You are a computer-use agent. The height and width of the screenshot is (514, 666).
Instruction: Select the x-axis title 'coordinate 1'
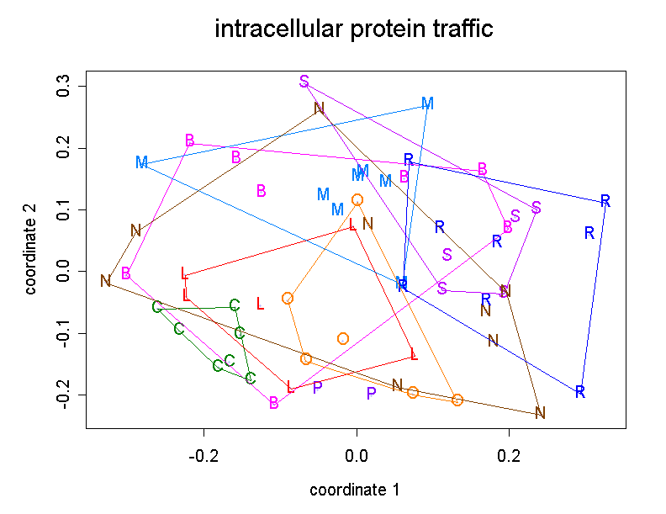pos(354,490)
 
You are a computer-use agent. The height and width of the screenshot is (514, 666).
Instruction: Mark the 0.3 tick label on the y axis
pos(61,87)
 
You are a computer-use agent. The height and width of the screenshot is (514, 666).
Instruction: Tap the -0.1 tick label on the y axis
pos(61,333)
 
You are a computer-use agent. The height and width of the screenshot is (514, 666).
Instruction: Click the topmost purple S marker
pos(304,81)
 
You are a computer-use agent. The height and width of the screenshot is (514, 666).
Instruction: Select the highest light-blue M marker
pos(427,103)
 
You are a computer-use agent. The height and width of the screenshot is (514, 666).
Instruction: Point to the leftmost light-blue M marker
pos(141,162)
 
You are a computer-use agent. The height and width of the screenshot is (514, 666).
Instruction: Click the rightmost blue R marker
pos(605,201)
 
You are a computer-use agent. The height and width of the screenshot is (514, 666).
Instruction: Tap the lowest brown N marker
pos(540,413)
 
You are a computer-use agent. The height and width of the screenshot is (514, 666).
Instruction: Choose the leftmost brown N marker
pos(105,281)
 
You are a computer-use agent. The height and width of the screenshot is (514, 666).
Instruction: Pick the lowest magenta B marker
pos(273,404)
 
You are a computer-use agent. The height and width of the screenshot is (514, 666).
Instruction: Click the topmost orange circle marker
pos(357,200)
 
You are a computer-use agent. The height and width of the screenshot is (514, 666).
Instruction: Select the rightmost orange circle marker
pos(457,400)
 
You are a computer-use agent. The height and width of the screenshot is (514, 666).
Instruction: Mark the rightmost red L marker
pos(414,355)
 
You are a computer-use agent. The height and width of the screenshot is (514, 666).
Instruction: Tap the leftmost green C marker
pos(157,307)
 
